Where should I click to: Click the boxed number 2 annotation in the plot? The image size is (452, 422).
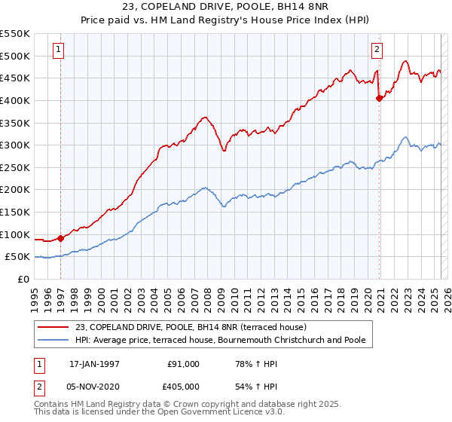point(377,50)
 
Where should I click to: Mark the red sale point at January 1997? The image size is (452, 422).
point(60,238)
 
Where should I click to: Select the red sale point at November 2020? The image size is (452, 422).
point(379,98)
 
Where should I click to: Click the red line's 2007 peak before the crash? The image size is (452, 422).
point(204,118)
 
